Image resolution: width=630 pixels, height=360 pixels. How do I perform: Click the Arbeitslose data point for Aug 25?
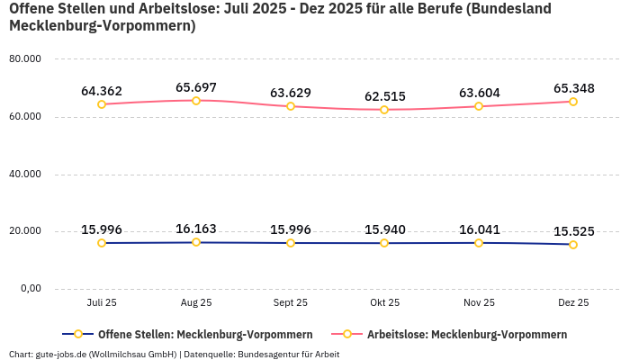click(x=196, y=100)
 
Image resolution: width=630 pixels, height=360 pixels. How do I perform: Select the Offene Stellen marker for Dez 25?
click(x=573, y=245)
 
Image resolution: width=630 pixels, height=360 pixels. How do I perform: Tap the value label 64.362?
click(x=102, y=90)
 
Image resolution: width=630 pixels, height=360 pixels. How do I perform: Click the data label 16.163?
click(x=196, y=229)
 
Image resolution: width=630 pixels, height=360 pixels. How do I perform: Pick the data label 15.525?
click(x=573, y=231)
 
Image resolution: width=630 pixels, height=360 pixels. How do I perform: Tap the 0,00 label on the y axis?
click(x=30, y=288)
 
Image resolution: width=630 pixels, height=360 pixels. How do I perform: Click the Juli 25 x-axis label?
click(x=102, y=303)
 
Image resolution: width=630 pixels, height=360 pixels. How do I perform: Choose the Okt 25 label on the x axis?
click(x=384, y=303)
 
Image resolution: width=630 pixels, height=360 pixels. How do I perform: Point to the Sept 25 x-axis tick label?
click(x=290, y=303)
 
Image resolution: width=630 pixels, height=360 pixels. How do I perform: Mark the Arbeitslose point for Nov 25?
click(x=479, y=106)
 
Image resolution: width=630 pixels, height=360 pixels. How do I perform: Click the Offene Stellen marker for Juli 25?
click(x=102, y=243)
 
